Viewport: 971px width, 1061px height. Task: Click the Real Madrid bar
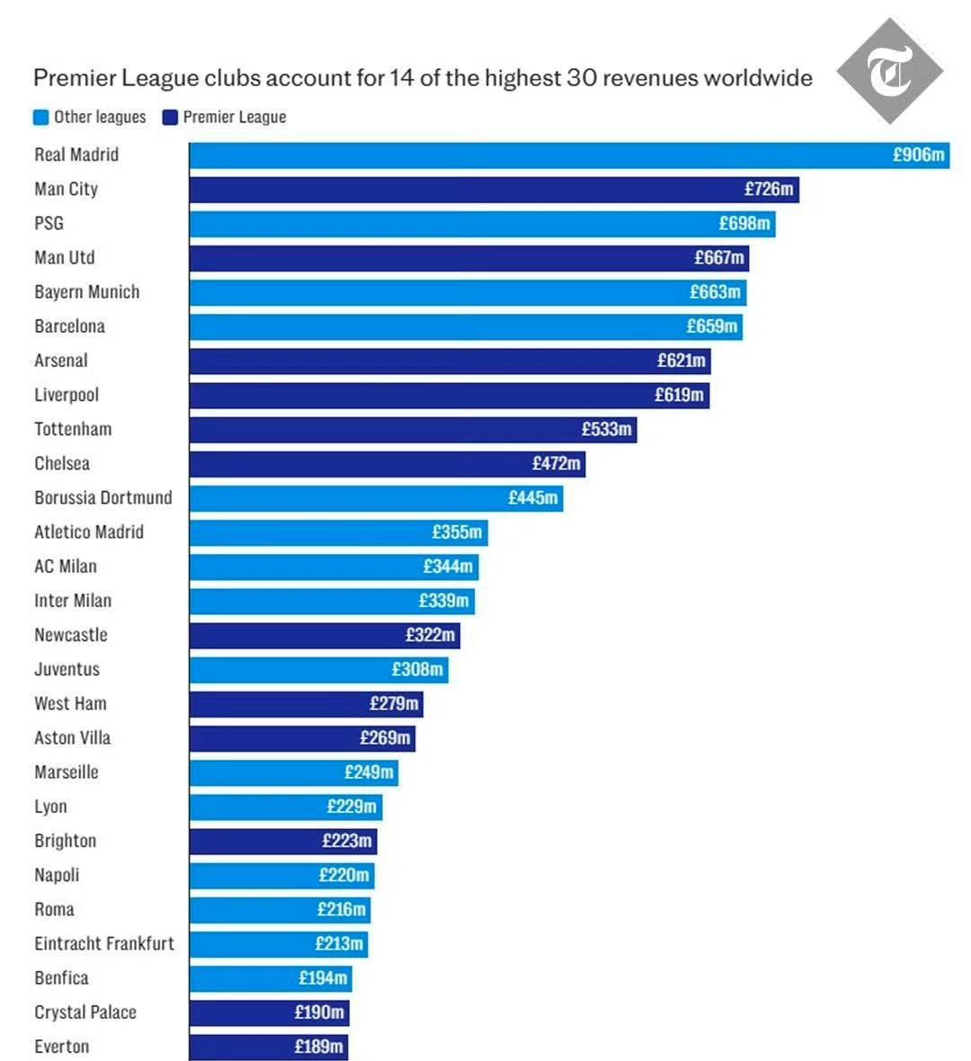click(x=568, y=155)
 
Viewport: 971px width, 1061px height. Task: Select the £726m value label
click(x=769, y=189)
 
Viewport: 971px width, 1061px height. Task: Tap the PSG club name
click(x=49, y=223)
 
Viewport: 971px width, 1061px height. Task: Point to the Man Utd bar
click(x=468, y=258)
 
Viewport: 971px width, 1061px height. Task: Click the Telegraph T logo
click(x=889, y=71)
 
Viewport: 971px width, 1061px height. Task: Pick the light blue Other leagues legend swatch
click(x=40, y=117)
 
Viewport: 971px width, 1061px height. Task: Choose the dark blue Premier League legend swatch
click(x=170, y=117)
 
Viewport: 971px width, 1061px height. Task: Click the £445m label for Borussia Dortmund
click(x=533, y=497)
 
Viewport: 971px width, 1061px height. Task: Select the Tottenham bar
click(x=413, y=429)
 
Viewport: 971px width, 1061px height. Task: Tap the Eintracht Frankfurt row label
click(x=104, y=943)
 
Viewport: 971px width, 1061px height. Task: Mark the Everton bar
click(x=268, y=1047)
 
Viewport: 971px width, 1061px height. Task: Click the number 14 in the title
click(x=401, y=78)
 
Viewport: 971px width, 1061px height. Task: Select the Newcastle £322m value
click(x=430, y=635)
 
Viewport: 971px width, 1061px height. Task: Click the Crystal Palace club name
click(x=85, y=1012)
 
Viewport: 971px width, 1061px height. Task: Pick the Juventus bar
click(x=318, y=669)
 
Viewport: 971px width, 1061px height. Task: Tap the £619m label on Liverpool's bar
click(x=679, y=395)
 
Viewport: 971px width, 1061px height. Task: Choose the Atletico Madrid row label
click(x=89, y=531)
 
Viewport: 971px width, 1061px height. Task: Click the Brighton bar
click(x=282, y=841)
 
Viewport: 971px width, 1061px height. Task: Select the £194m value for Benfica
click(x=323, y=977)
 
